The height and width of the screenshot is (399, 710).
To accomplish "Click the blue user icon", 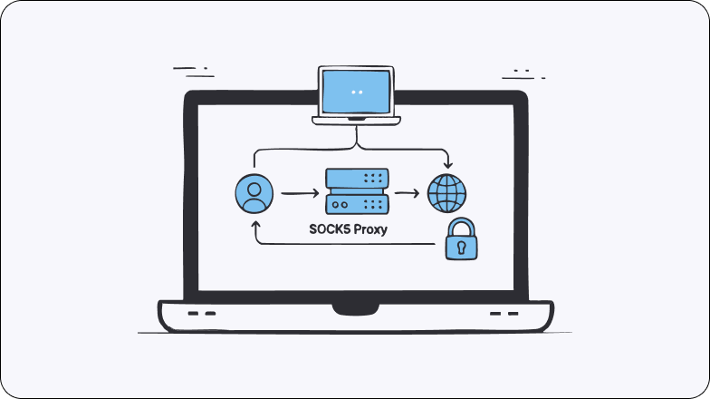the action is [254, 193].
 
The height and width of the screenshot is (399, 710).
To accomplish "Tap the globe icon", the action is [446, 192].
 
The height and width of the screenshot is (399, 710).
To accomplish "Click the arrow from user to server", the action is [299, 193].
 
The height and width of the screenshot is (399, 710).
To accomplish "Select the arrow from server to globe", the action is [408, 193].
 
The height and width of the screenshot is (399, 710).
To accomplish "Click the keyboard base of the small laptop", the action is [356, 119].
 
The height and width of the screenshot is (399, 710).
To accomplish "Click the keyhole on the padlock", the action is [461, 246].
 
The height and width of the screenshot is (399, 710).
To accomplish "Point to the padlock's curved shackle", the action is [461, 224].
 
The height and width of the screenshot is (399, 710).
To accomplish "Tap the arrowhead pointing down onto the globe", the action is [446, 164].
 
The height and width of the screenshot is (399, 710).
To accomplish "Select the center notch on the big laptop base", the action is [355, 308].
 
